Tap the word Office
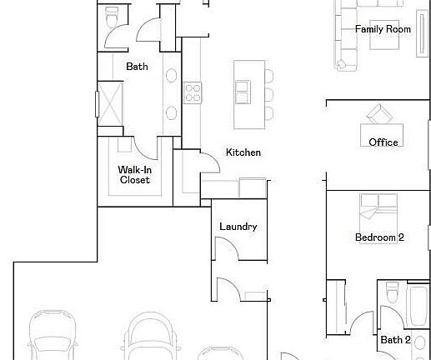[x=383, y=142]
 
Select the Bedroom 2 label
[x=379, y=237]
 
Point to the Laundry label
[x=238, y=227]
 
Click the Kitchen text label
[x=243, y=152]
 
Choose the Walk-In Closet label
[x=134, y=174]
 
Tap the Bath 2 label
[x=395, y=339]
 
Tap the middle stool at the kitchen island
[x=268, y=92]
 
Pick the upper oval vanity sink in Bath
[x=171, y=76]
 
